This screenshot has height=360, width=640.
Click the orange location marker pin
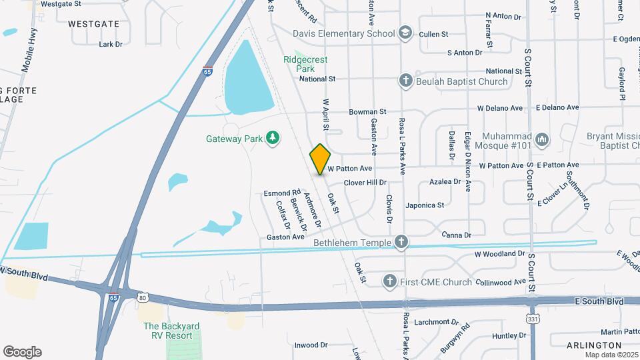click(x=321, y=159)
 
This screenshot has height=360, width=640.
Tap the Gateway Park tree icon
click(x=272, y=138)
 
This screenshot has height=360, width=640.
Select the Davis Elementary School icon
click(x=405, y=33)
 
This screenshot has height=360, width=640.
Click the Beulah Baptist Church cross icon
click(x=405, y=81)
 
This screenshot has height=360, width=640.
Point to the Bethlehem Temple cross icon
click(x=401, y=242)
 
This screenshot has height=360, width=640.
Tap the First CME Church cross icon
click(x=389, y=282)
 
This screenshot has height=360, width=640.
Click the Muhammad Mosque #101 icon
click(x=542, y=139)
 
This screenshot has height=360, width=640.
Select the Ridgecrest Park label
click(x=305, y=64)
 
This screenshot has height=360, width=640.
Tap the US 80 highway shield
click(x=142, y=297)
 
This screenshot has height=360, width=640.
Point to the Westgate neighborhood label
click(x=94, y=23)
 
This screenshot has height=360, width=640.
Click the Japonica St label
click(x=425, y=205)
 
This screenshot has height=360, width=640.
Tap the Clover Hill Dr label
click(x=365, y=182)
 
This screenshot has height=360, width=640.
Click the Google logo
click(x=22, y=351)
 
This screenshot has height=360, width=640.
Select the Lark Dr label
click(x=111, y=44)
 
